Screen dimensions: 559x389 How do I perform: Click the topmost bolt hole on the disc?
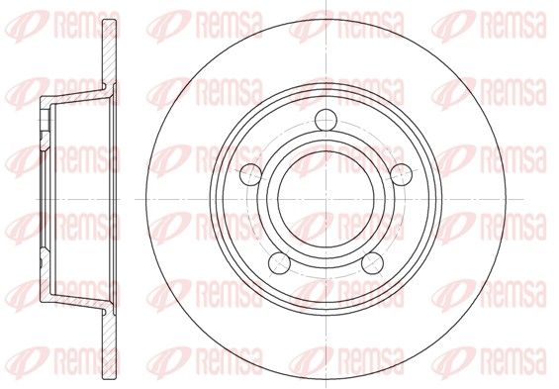326,120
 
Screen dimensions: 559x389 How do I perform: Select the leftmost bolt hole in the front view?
250,175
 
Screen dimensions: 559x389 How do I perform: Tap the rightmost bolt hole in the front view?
402,175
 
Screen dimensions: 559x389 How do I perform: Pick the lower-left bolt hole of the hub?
279,263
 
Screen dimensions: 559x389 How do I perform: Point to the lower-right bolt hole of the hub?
373,263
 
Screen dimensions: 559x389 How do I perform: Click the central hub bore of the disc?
326,199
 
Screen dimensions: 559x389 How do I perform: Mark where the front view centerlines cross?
326,199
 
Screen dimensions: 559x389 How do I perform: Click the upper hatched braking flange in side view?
109,53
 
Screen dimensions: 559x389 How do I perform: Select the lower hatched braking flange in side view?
109,344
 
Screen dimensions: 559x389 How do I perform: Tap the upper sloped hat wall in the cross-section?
76,94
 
